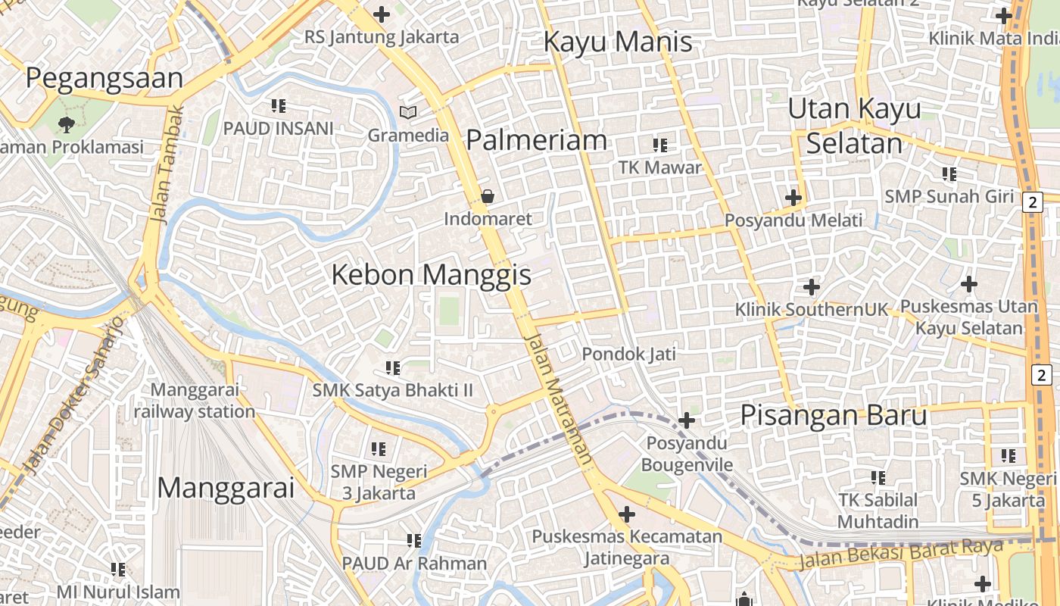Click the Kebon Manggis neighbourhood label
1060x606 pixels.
tap(432, 275)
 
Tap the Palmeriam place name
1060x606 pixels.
tap(536, 140)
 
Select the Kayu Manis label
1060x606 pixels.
tap(618, 42)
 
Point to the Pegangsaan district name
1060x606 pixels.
tap(104, 78)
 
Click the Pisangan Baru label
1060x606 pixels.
tap(833, 416)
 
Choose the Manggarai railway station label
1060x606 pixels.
tap(195, 401)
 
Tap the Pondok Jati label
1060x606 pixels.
tap(628, 354)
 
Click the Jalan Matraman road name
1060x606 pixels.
tap(558, 398)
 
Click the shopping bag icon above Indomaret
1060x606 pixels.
tap(488, 196)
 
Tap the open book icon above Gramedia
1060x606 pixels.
tap(408, 113)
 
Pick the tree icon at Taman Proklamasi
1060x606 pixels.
tap(67, 123)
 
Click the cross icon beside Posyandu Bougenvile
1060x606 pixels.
tap(687, 420)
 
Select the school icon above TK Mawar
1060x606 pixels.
tap(660, 145)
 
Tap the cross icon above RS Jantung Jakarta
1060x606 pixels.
tap(382, 14)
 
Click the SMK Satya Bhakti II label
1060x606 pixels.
tap(393, 391)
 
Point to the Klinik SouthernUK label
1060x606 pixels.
tap(811, 310)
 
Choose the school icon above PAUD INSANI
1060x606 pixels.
tap(278, 106)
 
